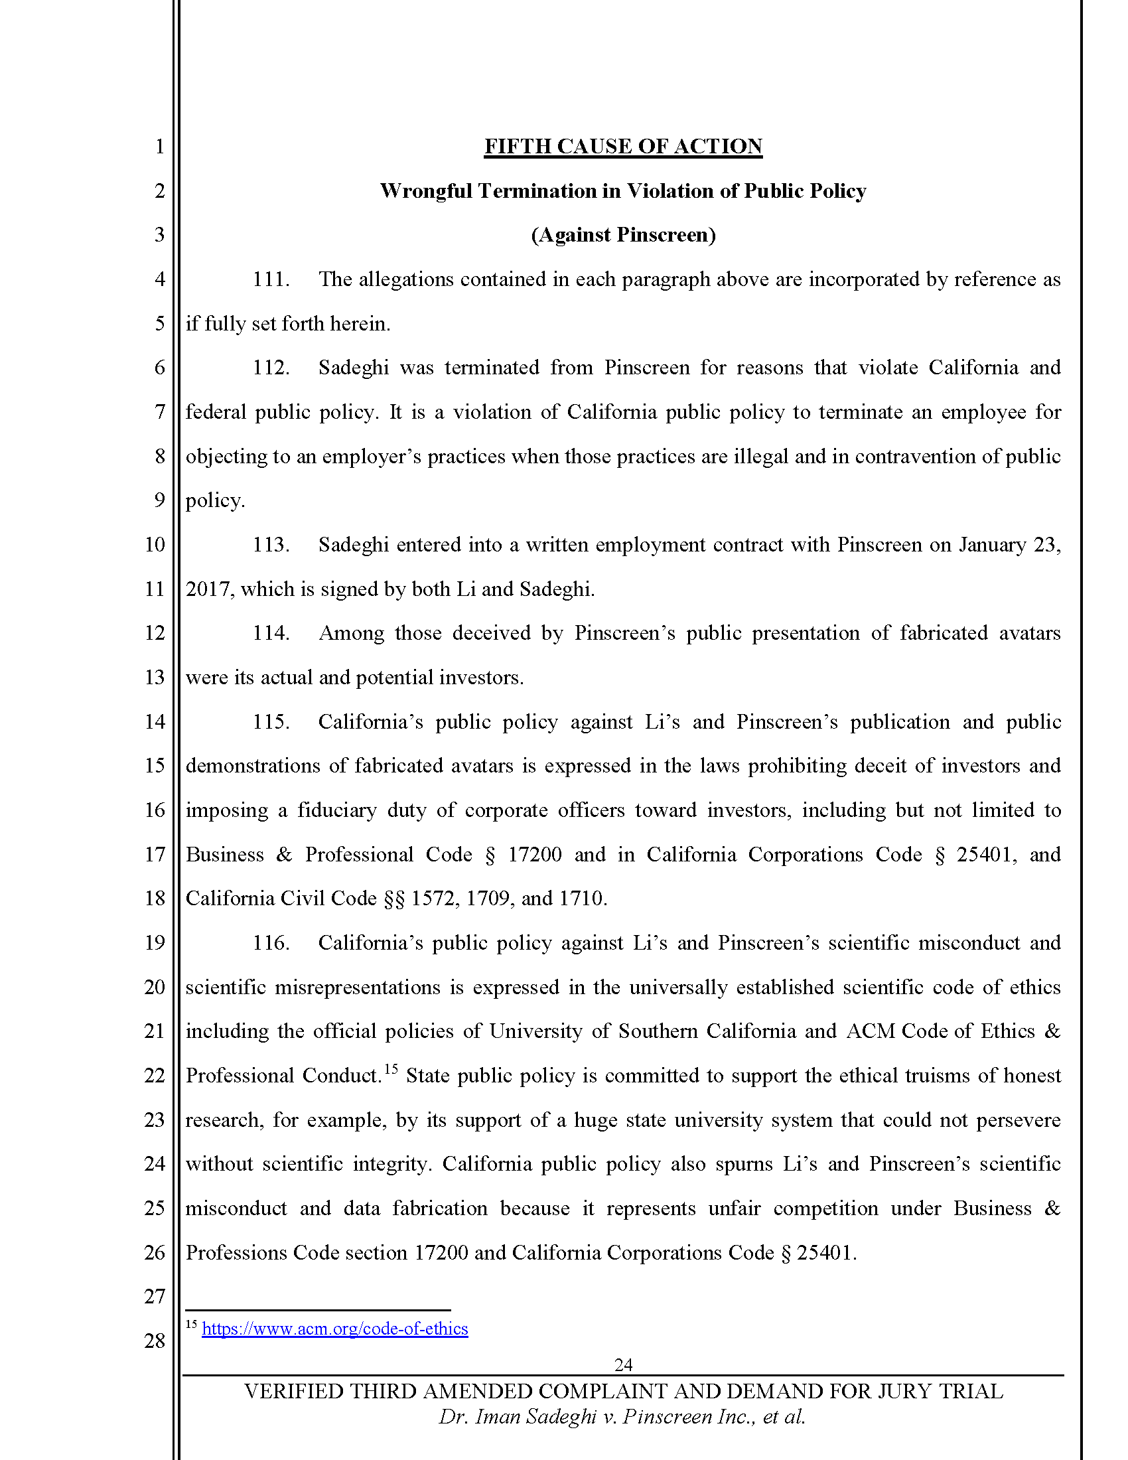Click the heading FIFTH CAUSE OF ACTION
click(623, 147)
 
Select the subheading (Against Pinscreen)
click(623, 235)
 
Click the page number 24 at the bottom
click(623, 1364)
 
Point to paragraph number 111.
click(271, 279)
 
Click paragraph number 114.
click(271, 633)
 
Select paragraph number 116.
click(271, 942)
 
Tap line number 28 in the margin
click(155, 1341)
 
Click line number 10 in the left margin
click(155, 544)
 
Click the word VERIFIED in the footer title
click(293, 1391)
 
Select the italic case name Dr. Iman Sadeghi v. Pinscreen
click(622, 1418)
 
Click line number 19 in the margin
click(155, 942)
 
